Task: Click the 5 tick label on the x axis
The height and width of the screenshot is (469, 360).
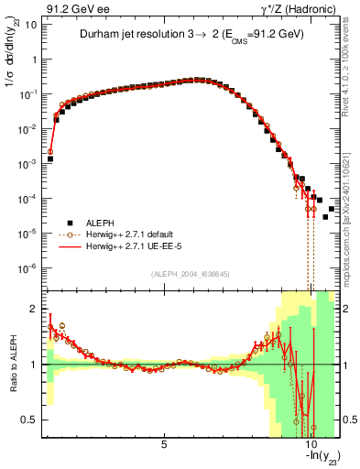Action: click(164, 445)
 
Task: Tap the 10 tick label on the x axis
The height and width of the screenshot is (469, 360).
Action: click(311, 445)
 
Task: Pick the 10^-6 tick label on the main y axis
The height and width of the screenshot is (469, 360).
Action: click(29, 268)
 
